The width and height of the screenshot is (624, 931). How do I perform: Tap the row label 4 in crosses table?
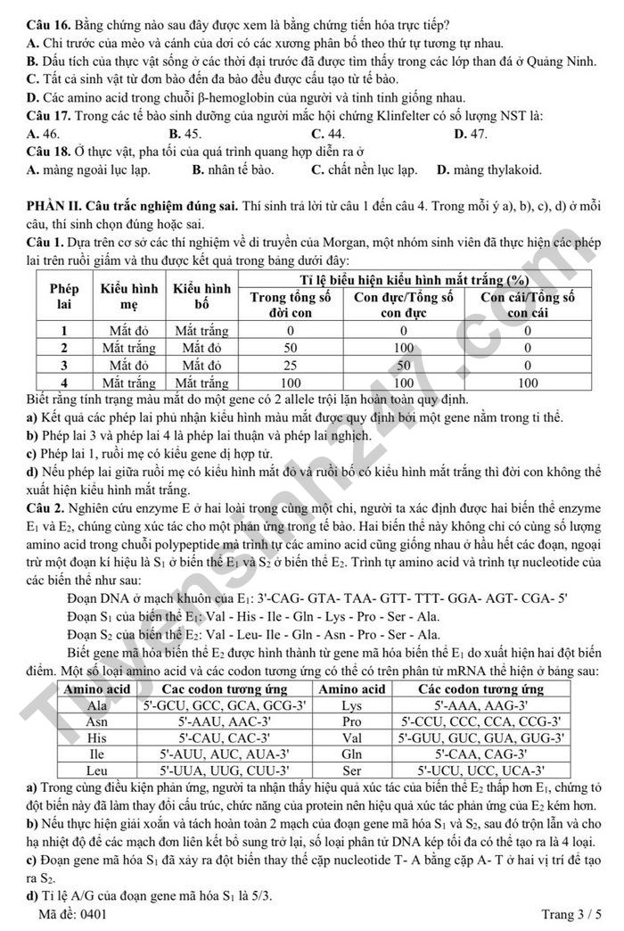click(x=63, y=382)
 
